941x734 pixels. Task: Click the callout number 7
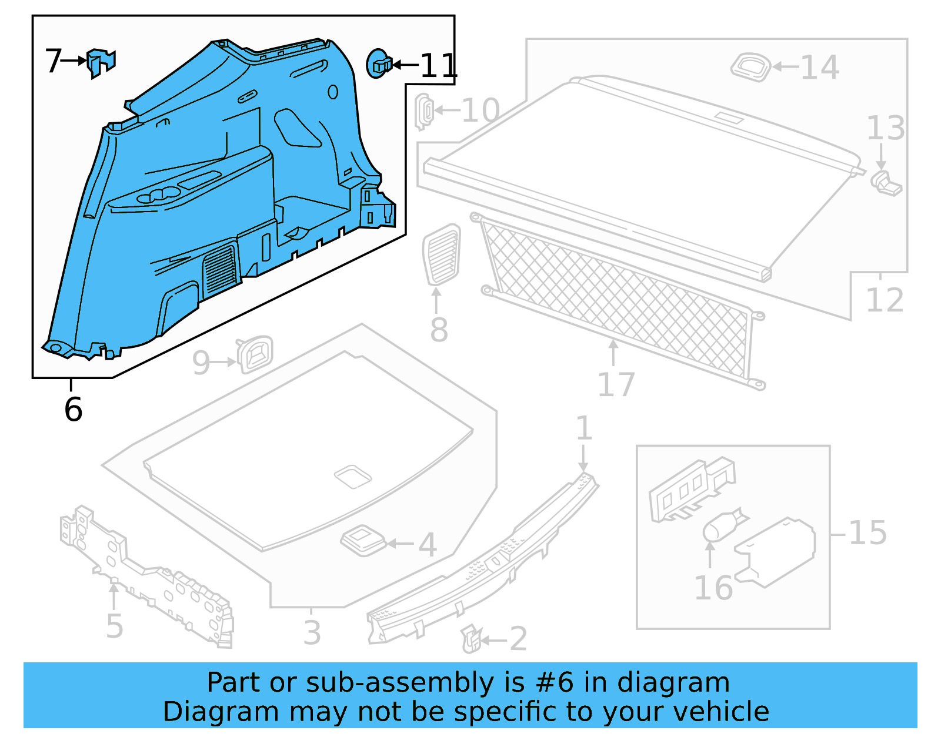[x=53, y=61]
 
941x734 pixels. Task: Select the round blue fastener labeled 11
[x=378, y=63]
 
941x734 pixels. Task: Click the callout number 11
[x=438, y=65]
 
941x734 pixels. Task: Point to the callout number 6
[x=73, y=409]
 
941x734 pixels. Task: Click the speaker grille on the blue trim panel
[x=220, y=270]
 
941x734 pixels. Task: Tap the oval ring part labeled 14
[x=750, y=66]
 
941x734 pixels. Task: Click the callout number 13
[x=885, y=128]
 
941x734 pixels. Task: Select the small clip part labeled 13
[x=886, y=183]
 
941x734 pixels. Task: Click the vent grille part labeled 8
[x=442, y=254]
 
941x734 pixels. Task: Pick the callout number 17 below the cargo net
[x=616, y=385]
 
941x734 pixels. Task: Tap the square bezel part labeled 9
[x=255, y=354]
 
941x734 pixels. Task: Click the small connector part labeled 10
[x=423, y=110]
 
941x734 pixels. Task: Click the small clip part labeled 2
[x=471, y=639]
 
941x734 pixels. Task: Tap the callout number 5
[x=115, y=626]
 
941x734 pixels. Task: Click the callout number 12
[x=884, y=300]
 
